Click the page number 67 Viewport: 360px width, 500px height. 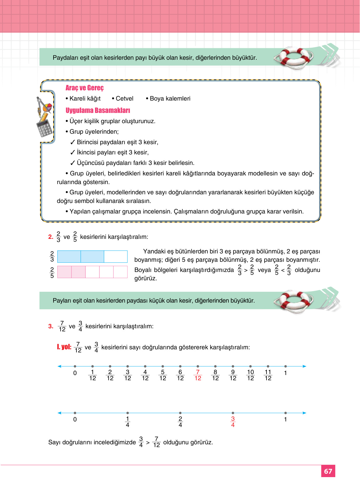(328, 471)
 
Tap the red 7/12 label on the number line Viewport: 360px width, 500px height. (198, 375)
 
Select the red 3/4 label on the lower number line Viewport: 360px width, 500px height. (233, 422)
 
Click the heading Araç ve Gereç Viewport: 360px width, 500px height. (85, 88)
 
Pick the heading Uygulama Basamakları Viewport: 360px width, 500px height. (98, 110)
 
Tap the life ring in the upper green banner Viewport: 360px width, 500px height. (293, 57)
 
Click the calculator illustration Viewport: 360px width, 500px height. (45, 127)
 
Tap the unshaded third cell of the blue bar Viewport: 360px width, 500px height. (116, 257)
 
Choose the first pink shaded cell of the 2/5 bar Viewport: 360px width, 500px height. (64, 272)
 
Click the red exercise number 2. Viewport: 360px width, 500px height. (51, 237)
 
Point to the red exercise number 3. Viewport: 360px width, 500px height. (51, 326)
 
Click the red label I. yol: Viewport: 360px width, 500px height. (64, 347)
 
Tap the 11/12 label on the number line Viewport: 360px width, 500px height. (268, 375)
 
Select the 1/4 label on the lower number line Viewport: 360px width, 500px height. (128, 422)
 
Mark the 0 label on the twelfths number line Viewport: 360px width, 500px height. (75, 373)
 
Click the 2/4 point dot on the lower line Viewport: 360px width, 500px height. (180, 413)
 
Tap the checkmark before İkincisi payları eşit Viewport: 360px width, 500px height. (73, 153)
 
